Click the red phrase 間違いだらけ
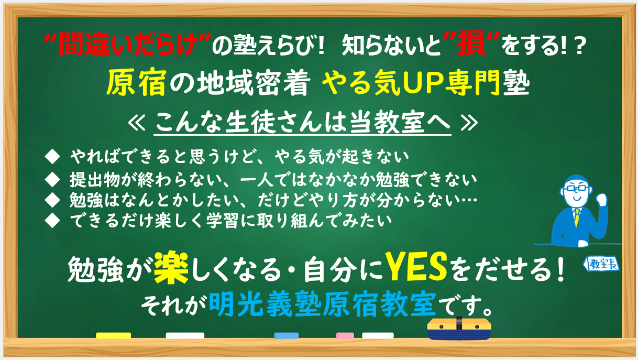pyautogui.click(x=127, y=45)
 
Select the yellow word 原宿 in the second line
pyautogui.click(x=136, y=82)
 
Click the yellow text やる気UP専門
pyautogui.click(x=411, y=82)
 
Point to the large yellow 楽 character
pyautogui.click(x=171, y=267)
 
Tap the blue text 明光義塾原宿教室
pyautogui.click(x=322, y=304)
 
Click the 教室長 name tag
pyautogui.click(x=601, y=264)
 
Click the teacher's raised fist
pyautogui.click(x=601, y=200)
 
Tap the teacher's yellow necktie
pyautogui.click(x=577, y=217)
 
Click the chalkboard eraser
pyautogui.click(x=459, y=329)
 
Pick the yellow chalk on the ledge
pyautogui.click(x=113, y=335)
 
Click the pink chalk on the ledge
pyautogui.click(x=345, y=335)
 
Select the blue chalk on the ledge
pyautogui.click(x=286, y=335)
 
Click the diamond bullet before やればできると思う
pyautogui.click(x=52, y=157)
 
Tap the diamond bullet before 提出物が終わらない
pyautogui.click(x=52, y=180)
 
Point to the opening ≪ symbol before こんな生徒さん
pyautogui.click(x=137, y=124)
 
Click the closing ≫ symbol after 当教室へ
pyautogui.click(x=469, y=124)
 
